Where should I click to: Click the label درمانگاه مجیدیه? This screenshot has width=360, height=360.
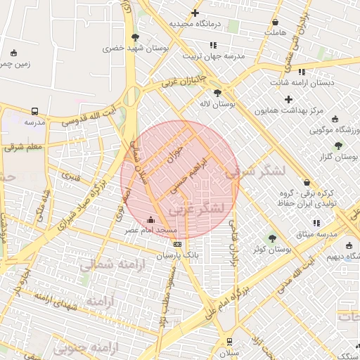coord(195,24)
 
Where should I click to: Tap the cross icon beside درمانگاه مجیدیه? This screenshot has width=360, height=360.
coord(195,13)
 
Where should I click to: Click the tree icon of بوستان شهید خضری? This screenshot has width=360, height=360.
coord(135,37)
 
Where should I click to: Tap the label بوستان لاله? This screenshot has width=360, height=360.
coord(217,103)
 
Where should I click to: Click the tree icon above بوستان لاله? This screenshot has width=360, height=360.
coord(217,92)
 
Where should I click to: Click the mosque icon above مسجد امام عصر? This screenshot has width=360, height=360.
coord(151,219)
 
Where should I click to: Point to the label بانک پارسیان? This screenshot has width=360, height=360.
coord(177,255)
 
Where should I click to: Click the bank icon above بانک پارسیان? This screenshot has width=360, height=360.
coord(177,244)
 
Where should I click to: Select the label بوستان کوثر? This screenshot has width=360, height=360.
coord(273,249)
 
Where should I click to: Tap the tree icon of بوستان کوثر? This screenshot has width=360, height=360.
coord(273,238)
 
